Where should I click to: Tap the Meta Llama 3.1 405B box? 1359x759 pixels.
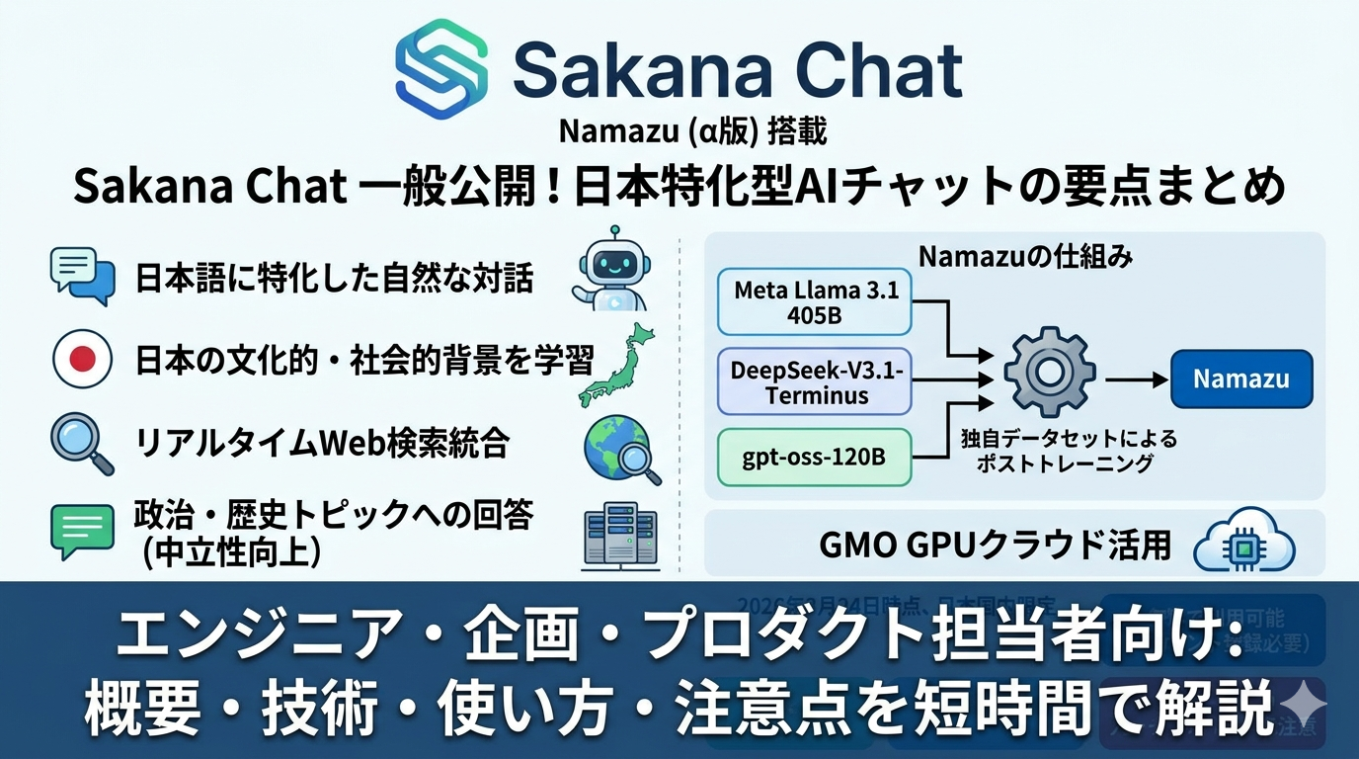pyautogui.click(x=815, y=304)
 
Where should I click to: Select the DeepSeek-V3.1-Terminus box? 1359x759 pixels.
pyautogui.click(x=815, y=381)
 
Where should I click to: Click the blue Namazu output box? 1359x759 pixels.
pyautogui.click(x=1241, y=379)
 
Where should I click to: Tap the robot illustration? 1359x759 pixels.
pyautogui.click(x=608, y=267)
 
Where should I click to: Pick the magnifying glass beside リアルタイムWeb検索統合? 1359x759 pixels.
pyautogui.click(x=80, y=444)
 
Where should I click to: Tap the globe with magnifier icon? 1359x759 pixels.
pyautogui.click(x=622, y=449)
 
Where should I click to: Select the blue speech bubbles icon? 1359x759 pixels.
pyautogui.click(x=82, y=276)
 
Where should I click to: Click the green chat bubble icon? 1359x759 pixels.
pyautogui.click(x=82, y=530)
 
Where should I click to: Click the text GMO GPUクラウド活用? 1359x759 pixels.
pyautogui.click(x=995, y=544)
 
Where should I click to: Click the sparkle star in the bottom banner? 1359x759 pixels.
pyautogui.click(x=1307, y=704)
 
